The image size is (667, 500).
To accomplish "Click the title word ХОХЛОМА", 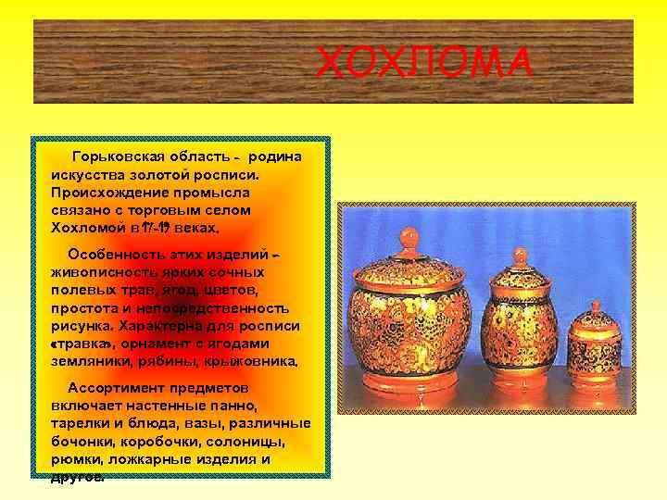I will click(423, 64).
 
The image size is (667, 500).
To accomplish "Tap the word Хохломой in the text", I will click(87, 227).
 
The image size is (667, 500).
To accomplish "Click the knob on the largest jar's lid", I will click(409, 238).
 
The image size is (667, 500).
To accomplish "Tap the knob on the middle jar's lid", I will click(521, 255).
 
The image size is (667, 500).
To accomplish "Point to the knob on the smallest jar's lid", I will click(596, 306).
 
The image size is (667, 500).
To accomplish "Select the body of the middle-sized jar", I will click(521, 329).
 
